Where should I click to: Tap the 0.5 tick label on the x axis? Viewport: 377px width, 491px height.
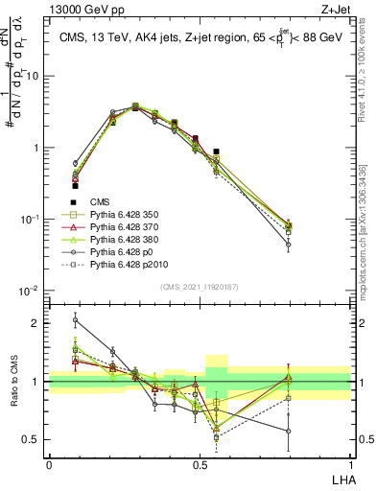(x=199, y=463)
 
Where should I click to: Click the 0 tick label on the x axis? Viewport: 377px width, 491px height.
(x=49, y=463)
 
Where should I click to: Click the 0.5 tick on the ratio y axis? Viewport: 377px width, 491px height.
(x=34, y=440)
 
